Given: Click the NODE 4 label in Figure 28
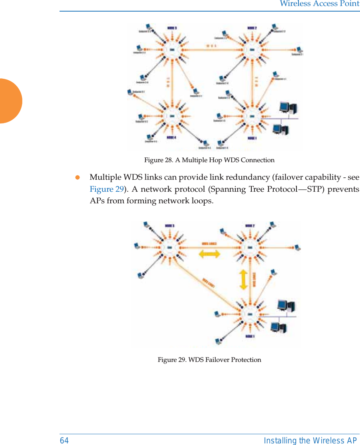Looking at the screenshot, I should (x=172, y=138).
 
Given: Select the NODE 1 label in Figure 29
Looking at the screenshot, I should (x=250, y=336).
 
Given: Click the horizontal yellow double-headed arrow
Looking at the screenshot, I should (x=209, y=254).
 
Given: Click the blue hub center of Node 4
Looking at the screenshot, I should (x=172, y=116).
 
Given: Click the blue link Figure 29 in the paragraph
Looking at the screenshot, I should (x=107, y=189).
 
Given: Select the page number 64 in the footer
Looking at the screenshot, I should (x=64, y=441).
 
